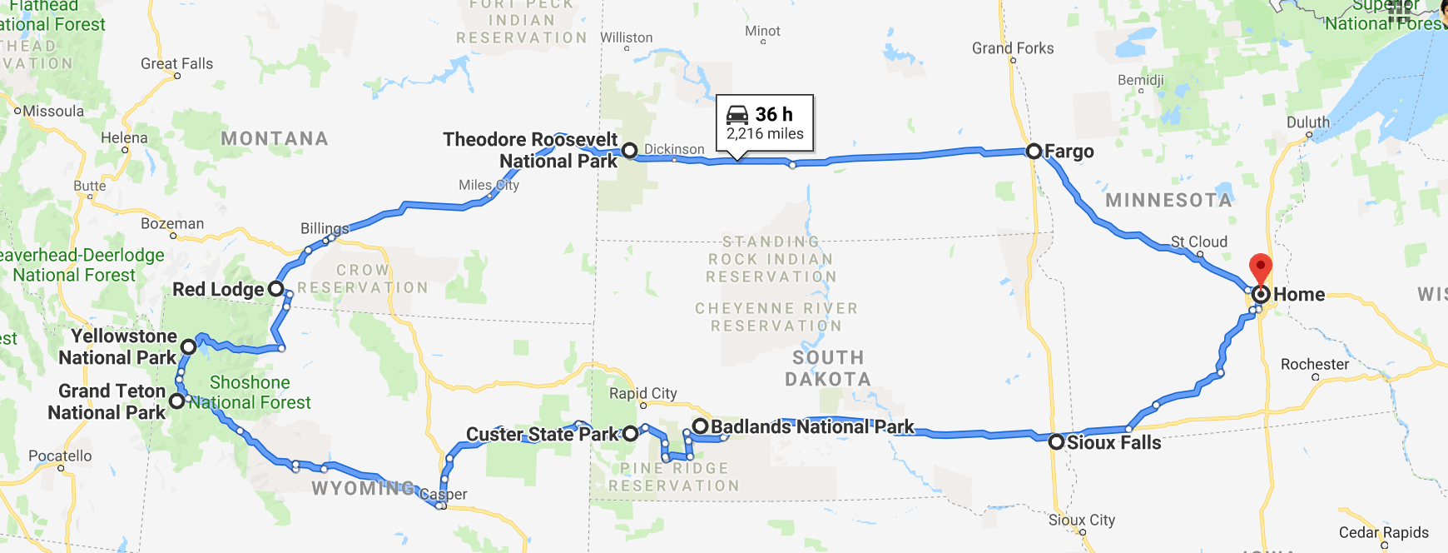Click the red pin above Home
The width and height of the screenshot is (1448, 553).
[1261, 269]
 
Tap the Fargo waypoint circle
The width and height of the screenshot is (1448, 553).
[1034, 152]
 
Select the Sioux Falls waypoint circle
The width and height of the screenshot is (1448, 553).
[1056, 442]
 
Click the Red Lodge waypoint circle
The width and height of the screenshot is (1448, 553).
[275, 290]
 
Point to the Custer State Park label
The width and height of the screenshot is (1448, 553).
[543, 434]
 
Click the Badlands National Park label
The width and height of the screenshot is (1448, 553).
[812, 427]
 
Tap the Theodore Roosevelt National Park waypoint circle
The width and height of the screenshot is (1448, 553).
[630, 151]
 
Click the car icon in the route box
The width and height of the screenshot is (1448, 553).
[737, 115]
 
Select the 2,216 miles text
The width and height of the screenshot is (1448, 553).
[765, 134]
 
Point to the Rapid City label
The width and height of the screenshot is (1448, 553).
[642, 393]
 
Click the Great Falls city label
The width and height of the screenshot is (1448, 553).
[176, 64]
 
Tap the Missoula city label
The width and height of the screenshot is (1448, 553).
[53, 112]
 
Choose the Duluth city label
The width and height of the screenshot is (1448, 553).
[1308, 122]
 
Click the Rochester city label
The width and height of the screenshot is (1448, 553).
[1315, 364]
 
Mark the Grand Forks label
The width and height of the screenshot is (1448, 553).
[1013, 48]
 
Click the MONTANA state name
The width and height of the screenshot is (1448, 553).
[275, 139]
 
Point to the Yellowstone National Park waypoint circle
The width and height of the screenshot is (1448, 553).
[189, 346]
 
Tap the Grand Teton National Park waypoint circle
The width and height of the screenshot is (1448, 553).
[177, 401]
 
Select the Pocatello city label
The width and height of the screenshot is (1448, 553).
[60, 456]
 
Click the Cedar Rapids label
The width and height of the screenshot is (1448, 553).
[1384, 532]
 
